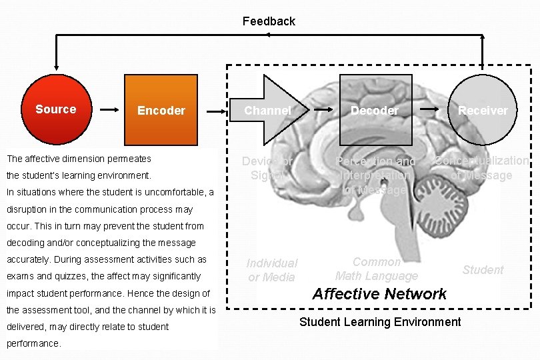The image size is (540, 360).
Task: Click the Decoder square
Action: point(375,110)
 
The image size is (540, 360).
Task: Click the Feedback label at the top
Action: point(269,21)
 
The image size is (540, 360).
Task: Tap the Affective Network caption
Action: point(379,294)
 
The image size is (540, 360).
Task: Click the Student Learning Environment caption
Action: point(380,322)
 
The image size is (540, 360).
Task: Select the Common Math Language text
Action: point(377,269)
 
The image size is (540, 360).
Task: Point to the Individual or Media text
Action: point(272,270)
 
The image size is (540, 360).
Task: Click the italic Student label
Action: point(483,270)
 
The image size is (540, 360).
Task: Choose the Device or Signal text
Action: point(267,168)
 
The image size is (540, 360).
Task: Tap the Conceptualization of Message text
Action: point(481,168)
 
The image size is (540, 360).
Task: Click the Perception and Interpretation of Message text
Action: point(376,175)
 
